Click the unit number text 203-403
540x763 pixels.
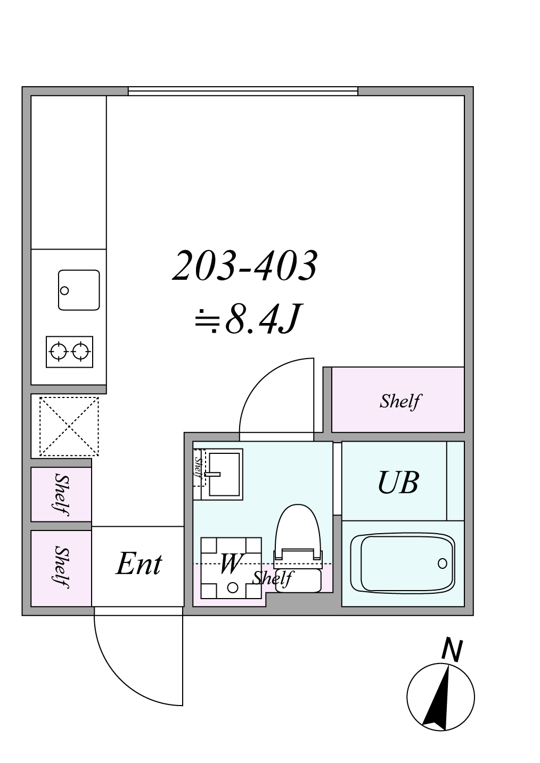point(245,266)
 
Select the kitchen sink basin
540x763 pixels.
point(79,290)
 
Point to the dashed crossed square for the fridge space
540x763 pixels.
point(69,426)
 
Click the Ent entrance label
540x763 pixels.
point(139,564)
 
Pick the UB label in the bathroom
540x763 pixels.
point(398,482)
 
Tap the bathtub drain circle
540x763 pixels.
point(442,563)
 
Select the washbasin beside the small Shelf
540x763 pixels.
point(225,474)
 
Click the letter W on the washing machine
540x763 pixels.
point(231,563)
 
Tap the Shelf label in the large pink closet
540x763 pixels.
point(401,401)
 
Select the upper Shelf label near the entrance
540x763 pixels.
point(62,494)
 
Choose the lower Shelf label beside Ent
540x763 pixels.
point(62,567)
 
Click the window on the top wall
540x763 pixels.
point(243,91)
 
